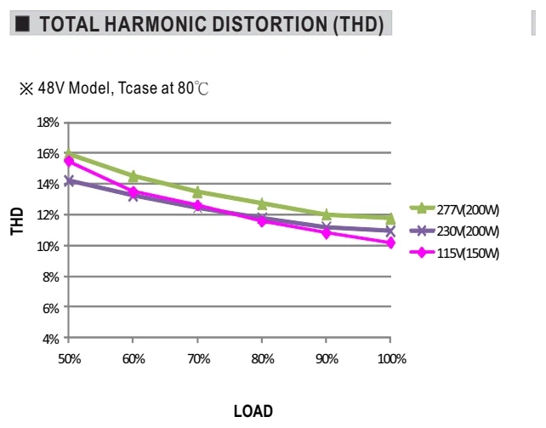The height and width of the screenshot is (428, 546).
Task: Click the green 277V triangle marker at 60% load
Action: [133, 177]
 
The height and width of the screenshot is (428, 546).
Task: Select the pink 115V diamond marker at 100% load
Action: [390, 243]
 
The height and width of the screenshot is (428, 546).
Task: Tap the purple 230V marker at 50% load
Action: [69, 181]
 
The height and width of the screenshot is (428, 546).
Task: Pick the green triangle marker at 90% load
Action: [327, 214]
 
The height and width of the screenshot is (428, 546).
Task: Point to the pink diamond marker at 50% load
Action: [69, 161]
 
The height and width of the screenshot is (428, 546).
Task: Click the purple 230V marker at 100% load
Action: [390, 231]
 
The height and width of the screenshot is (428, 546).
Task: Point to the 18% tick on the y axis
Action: [48, 123]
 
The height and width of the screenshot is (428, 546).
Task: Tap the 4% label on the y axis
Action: [51, 339]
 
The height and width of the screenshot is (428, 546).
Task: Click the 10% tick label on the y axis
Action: [48, 247]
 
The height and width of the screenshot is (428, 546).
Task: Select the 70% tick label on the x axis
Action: [199, 359]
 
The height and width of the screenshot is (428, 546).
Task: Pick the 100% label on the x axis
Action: [392, 359]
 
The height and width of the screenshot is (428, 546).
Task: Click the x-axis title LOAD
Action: [253, 411]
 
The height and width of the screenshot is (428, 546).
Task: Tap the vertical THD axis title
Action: [17, 221]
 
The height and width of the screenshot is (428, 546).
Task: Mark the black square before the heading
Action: [22, 24]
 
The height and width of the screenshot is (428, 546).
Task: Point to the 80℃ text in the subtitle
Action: [193, 88]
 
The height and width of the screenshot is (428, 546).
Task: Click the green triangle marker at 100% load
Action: [390, 219]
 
